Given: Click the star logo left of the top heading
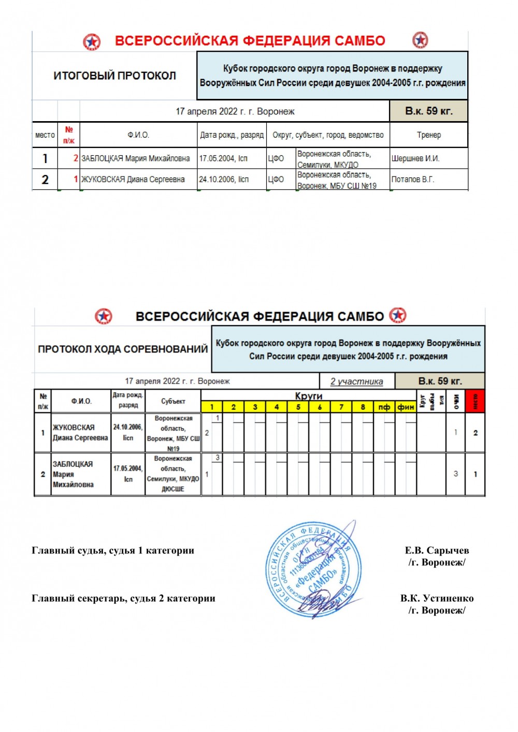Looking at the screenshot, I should pos(92,41).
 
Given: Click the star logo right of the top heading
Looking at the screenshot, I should pos(420,40).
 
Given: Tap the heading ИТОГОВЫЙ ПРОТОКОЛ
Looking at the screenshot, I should pos(114,76).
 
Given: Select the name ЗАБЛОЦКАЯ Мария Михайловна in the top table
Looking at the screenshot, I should pos(136,158).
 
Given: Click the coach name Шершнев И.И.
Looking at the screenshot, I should pos(415,158).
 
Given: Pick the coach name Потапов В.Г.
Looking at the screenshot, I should pos(413,179).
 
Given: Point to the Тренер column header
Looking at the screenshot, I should pos(429,135).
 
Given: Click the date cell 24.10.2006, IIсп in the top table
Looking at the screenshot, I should pos(224,179).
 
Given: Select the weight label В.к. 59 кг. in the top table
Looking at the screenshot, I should pos(428,111).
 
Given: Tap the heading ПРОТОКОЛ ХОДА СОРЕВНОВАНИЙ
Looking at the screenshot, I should pos(123,349).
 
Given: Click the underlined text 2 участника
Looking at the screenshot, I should pos(357,382).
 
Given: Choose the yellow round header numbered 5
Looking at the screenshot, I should pos(298,407).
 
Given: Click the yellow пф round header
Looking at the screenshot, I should pos(384,407).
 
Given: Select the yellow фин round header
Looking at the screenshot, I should pos(406,407).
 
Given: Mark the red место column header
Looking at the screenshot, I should pos(475,401).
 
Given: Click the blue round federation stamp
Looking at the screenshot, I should pos(311,569).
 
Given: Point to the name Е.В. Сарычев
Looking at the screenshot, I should pos(437,550).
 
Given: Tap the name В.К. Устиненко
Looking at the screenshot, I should pos(437,598).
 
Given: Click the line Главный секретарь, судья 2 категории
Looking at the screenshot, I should pos(123,598).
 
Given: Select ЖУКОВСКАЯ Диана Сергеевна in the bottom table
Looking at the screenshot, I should pos(80,433).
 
